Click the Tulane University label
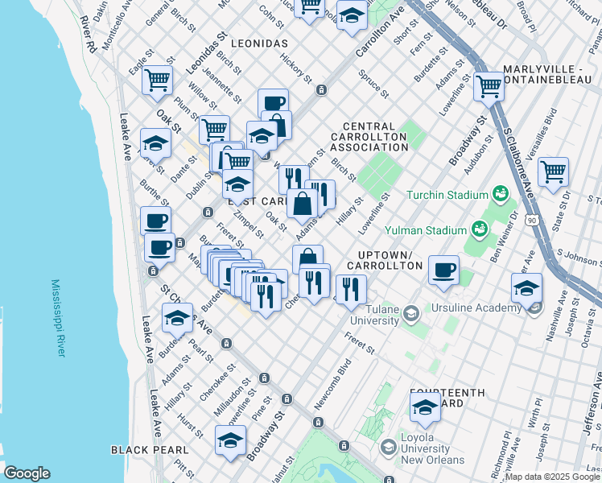point(372,314)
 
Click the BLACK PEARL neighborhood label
point(150,450)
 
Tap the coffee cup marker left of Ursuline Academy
point(443,270)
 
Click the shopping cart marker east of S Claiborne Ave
point(554,171)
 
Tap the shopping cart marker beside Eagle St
point(158,79)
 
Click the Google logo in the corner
point(27,473)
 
